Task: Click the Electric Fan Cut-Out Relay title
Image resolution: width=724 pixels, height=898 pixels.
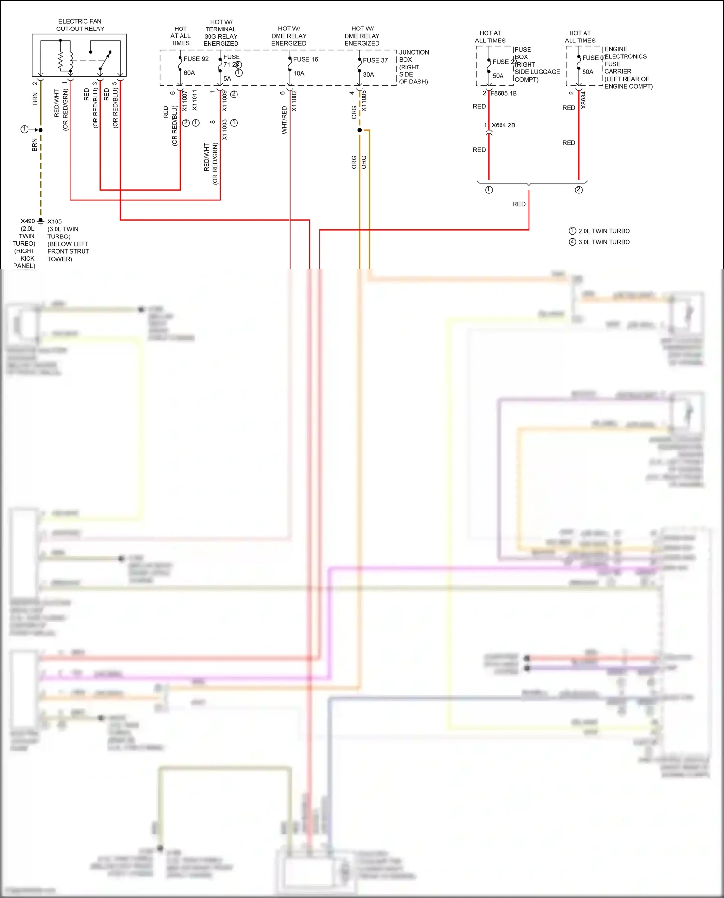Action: click(80, 25)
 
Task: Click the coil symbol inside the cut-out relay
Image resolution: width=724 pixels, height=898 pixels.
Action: click(61, 60)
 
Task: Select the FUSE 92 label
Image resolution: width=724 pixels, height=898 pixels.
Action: click(196, 59)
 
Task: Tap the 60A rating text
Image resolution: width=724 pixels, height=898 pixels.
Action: click(189, 73)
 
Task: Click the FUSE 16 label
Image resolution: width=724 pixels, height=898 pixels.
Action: click(306, 59)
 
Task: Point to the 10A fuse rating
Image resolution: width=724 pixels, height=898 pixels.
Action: click(299, 73)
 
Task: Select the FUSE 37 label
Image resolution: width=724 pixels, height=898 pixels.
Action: click(375, 60)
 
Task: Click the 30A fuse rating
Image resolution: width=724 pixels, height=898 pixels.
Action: click(368, 74)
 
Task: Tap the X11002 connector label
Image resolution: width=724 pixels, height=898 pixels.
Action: click(294, 101)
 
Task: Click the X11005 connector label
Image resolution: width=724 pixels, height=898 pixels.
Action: click(364, 101)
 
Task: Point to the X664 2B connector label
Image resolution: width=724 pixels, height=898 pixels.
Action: click(503, 125)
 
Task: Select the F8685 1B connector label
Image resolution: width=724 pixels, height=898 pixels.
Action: click(503, 93)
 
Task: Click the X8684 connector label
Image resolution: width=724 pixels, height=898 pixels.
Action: click(583, 100)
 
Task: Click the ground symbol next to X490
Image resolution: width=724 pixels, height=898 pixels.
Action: click(41, 221)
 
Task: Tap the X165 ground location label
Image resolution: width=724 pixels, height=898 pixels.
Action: click(55, 221)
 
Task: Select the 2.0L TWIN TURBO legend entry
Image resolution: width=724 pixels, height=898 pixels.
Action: click(603, 231)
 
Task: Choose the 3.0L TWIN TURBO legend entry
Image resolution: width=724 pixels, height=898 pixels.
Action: click(603, 242)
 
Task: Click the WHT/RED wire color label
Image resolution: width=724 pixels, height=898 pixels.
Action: click(284, 120)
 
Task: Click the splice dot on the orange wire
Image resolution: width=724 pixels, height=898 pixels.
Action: click(360, 130)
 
